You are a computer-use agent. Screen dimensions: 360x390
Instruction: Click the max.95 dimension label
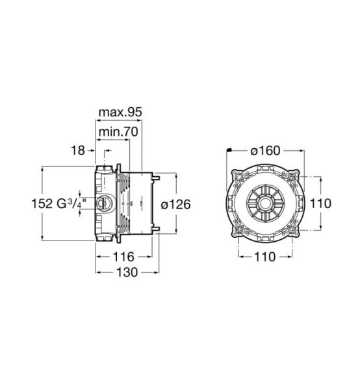point(120,112)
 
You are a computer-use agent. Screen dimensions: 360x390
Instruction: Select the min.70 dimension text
point(118,131)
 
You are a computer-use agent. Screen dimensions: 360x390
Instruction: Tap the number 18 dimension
point(78,151)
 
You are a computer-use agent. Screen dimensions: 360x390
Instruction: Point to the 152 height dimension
point(42,203)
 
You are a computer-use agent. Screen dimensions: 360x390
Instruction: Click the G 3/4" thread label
point(71,203)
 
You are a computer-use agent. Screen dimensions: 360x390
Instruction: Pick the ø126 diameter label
point(175,205)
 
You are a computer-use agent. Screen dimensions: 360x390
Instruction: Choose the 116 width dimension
point(123,257)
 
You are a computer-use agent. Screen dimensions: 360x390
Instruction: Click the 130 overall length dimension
point(127,272)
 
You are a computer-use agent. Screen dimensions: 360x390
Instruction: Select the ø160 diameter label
point(265,151)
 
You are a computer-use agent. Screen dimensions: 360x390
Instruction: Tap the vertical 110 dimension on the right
point(321,203)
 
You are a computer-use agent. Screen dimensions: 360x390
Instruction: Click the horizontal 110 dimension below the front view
point(264,257)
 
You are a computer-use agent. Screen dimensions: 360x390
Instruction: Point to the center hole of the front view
point(265,203)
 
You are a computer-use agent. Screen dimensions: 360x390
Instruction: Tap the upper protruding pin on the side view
point(157,178)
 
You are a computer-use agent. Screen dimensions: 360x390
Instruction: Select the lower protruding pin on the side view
point(157,229)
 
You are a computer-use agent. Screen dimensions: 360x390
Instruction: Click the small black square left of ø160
point(229,149)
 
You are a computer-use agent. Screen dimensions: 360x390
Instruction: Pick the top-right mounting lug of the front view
point(292,177)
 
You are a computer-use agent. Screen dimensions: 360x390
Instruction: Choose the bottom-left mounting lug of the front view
point(238,230)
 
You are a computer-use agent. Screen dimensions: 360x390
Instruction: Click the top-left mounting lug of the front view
point(238,177)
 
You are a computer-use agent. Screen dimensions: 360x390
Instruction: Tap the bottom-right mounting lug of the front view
point(292,230)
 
